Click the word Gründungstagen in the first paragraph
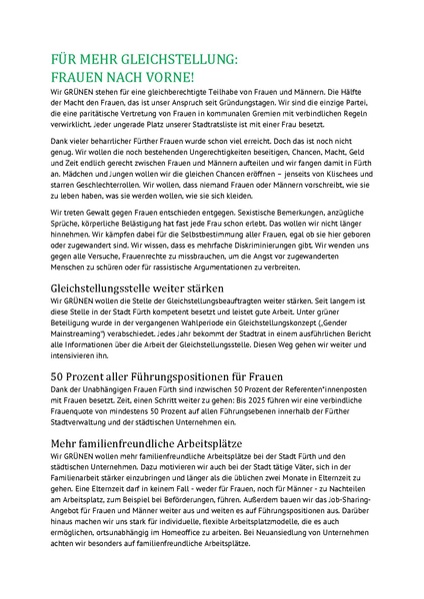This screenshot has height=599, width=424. (x=310, y=102)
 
